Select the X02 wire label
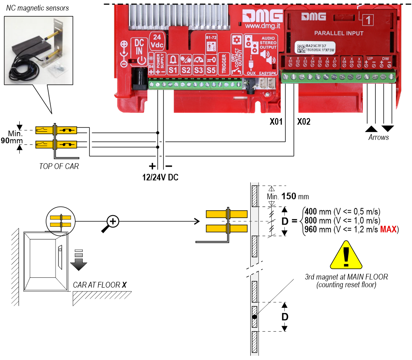(304, 122)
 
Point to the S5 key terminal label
(211, 65)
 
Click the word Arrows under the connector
(379, 137)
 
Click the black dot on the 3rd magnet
(255, 317)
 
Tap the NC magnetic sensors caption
(37, 8)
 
